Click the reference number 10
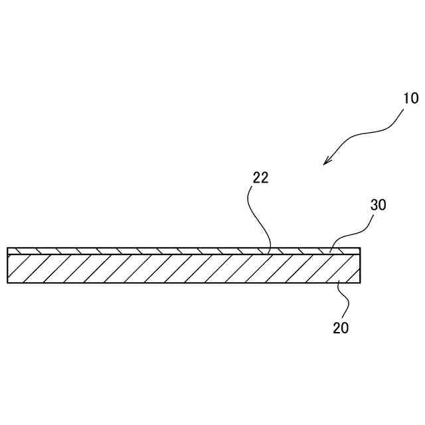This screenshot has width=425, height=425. tap(410, 98)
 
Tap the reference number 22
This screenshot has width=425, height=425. tap(260, 178)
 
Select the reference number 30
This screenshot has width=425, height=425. tap(378, 205)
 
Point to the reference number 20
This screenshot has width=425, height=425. tap(341, 327)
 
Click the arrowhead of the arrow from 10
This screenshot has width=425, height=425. tap(325, 163)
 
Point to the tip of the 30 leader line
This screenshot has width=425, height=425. tap(329, 250)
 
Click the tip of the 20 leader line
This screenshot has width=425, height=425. tap(337, 282)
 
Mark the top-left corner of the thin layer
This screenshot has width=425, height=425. tap(7, 248)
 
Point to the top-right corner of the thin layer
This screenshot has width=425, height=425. tap(361, 248)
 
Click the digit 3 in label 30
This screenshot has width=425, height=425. tap(374, 205)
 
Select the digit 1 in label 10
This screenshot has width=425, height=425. tap(406, 98)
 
